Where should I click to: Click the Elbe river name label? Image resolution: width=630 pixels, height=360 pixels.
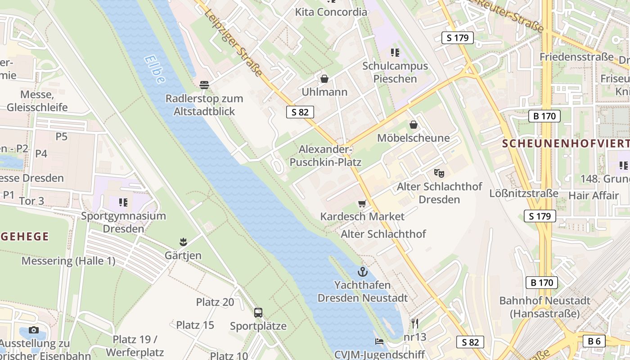tap(154, 70)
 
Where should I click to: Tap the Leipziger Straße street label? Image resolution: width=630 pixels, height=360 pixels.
tap(233, 43)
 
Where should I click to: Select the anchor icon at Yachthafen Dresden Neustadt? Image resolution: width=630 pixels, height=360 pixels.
tap(363, 272)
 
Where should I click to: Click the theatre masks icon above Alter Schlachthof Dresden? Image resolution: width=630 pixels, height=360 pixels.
tap(439, 173)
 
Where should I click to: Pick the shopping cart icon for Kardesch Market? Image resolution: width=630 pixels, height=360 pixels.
tap(362, 203)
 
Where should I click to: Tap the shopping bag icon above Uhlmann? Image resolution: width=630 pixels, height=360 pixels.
tap(324, 79)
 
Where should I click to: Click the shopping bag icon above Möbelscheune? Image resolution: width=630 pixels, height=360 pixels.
tap(413, 125)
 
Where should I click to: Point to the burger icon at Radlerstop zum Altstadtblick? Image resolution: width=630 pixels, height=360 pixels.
tap(204, 85)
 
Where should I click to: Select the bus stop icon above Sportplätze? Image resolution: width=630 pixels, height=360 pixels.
tap(258, 312)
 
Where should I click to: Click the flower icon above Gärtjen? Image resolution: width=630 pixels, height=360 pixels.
tap(183, 242)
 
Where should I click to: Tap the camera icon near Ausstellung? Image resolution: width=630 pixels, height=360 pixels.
tap(34, 330)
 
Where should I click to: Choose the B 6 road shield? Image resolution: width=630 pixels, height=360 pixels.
tap(594, 341)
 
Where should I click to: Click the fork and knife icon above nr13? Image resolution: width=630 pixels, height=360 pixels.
tap(414, 323)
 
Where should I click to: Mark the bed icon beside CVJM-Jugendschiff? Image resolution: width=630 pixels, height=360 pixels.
tap(379, 342)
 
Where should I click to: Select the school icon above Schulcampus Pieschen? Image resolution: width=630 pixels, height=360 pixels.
tap(395, 53)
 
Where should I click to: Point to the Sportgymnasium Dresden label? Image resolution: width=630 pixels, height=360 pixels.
tap(123, 222)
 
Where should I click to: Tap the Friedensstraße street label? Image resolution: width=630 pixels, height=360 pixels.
tap(576, 57)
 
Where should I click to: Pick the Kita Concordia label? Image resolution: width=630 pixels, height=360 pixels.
tap(331, 12)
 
